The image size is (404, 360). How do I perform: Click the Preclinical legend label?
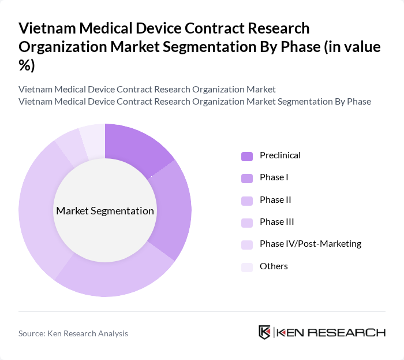coord(280,155)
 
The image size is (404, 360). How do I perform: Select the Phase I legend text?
coord(274,177)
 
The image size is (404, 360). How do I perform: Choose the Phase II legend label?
coord(275,199)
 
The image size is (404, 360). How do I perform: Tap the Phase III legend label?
coord(276,222)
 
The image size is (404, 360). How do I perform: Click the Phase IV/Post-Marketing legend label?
coord(310,244)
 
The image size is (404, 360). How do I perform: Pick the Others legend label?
coord(274,266)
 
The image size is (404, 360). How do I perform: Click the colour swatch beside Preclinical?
coord(247,156)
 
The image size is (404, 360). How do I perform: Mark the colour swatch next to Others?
coord(247,266)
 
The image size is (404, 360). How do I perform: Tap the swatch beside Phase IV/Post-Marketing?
coord(247,244)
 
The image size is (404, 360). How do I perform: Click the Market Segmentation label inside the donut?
coord(105,211)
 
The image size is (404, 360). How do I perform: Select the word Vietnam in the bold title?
coord(47,28)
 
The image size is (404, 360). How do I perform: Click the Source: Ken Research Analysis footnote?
coord(73,333)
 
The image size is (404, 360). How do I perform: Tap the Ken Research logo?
coord(321,332)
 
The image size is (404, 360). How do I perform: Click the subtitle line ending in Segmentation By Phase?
coord(194,102)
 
